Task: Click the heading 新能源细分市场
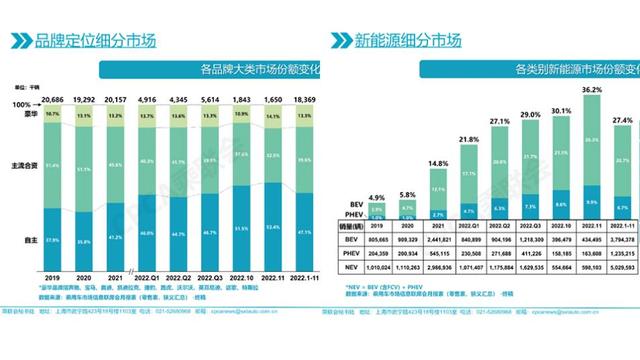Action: (x=408, y=41)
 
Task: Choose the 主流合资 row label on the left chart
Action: (x=23, y=165)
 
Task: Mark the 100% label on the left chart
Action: (x=22, y=105)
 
